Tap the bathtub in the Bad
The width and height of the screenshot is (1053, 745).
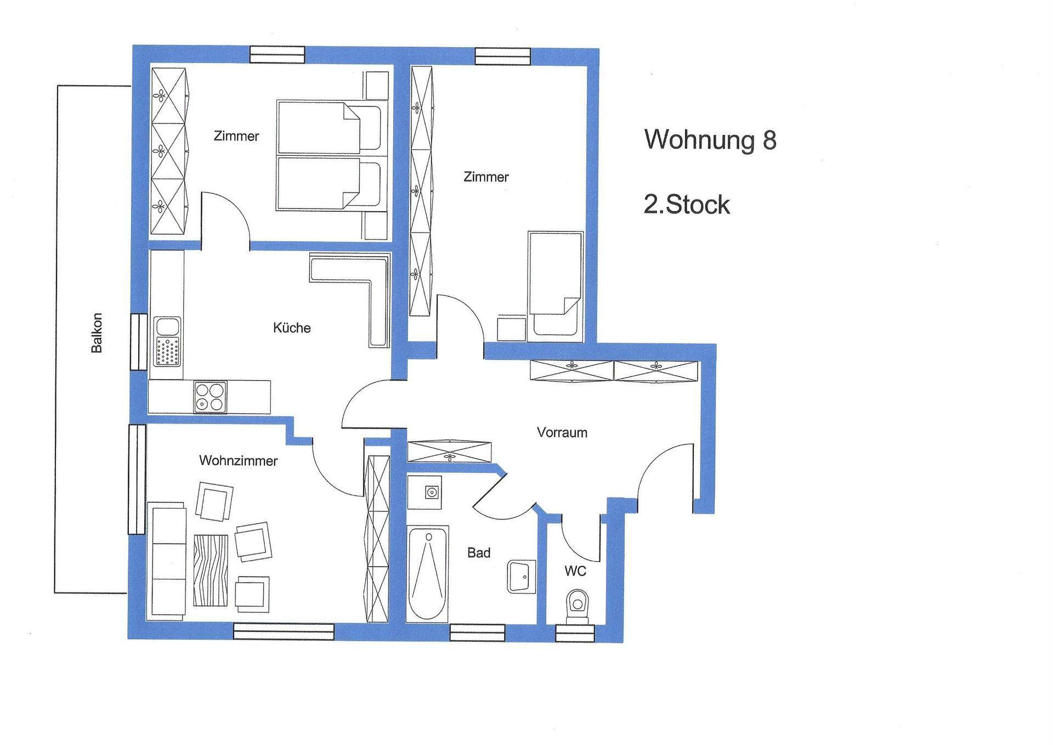pos(428,573)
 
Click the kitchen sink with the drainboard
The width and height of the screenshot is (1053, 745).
pos(168,341)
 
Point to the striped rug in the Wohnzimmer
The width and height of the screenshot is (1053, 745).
pos(211,570)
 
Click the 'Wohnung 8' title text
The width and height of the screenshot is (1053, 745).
pos(710,139)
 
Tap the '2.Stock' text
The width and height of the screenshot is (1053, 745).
pos(687,205)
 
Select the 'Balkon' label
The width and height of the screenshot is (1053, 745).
pos(97,332)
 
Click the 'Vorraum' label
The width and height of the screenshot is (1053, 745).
pos(562,432)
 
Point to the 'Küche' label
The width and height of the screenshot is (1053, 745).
pos(292,328)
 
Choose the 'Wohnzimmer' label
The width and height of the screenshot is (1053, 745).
pos(238,460)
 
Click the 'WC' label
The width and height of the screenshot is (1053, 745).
pos(575,571)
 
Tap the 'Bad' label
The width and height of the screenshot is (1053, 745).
pos(479,552)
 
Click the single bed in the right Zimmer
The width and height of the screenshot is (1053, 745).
pos(555,284)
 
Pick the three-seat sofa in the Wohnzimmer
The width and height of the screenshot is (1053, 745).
pos(168,561)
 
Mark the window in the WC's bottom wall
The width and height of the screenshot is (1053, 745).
pos(575,634)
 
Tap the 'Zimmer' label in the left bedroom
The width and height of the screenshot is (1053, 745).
pos(236,136)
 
